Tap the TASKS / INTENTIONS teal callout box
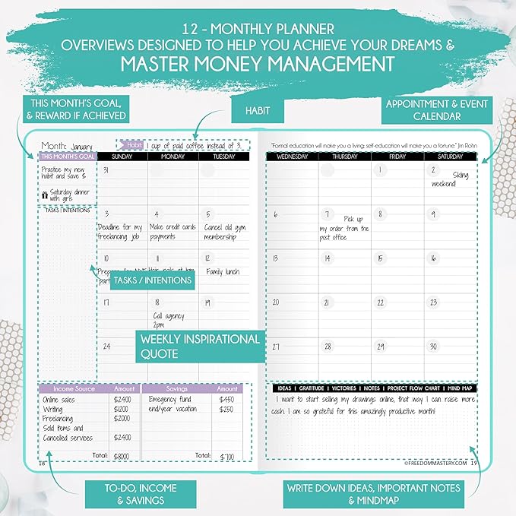click(152, 280)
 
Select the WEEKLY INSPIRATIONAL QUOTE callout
click(200, 346)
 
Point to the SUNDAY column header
click(123, 156)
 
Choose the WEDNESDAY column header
click(292, 157)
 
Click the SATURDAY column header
click(450, 157)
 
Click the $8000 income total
click(122, 456)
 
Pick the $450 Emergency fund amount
click(226, 399)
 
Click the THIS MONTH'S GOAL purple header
click(68, 156)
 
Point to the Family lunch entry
click(222, 271)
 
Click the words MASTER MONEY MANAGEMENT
click(258, 62)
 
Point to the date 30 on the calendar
click(434, 346)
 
